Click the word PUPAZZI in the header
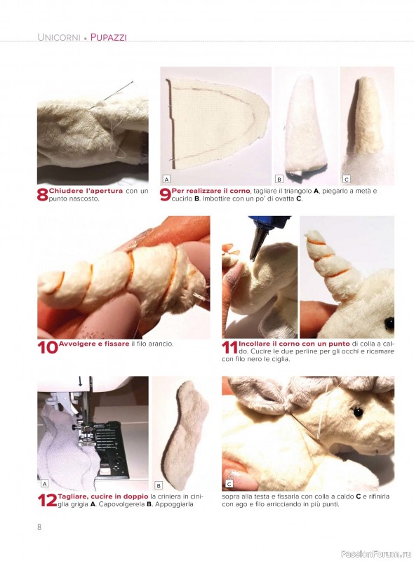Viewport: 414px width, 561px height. tap(109, 37)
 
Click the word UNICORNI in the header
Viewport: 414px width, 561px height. tap(59, 37)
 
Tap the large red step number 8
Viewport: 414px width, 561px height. tap(42, 195)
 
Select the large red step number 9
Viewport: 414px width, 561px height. tap(165, 195)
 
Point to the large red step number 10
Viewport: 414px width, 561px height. tap(48, 347)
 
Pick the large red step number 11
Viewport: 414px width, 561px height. tap(229, 347)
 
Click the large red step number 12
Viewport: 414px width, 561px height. tap(47, 500)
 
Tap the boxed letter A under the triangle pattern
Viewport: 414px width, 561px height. tap(166, 179)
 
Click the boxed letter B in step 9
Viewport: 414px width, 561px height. tap(279, 179)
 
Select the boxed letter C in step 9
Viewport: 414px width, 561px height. tap(347, 179)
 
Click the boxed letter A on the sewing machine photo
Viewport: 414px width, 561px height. tap(44, 484)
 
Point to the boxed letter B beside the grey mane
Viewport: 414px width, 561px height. tap(159, 485)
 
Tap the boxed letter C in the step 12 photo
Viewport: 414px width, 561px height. tap(229, 484)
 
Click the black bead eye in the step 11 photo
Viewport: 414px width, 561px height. tap(389, 324)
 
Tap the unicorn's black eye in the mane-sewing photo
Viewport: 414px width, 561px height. tap(357, 412)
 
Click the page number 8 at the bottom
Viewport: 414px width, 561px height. tap(39, 527)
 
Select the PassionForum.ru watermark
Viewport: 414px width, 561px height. tap(376, 553)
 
